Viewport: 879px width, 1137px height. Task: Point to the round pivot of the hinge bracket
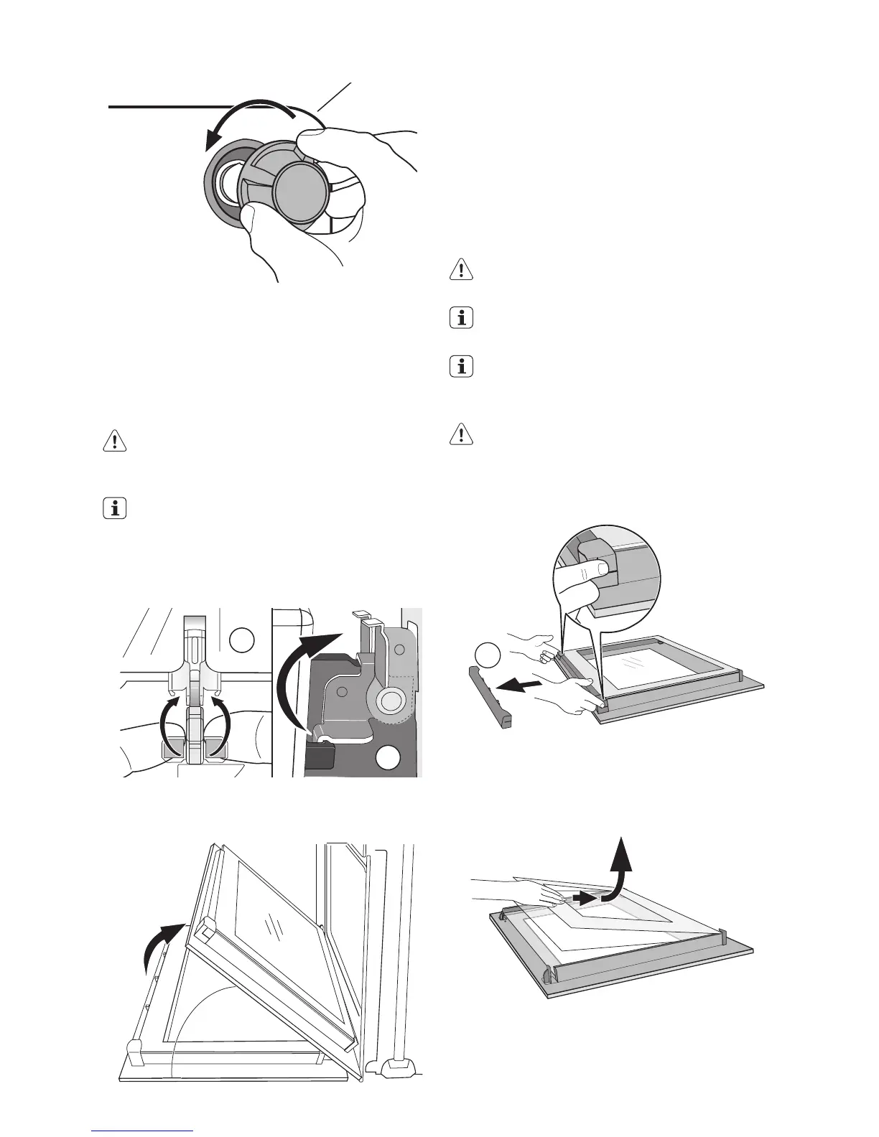[x=391, y=700]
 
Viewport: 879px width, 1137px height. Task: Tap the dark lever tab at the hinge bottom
[x=320, y=755]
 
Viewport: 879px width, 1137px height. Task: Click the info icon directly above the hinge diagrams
[x=114, y=510]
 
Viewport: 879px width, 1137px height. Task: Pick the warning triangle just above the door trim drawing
[x=460, y=434]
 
